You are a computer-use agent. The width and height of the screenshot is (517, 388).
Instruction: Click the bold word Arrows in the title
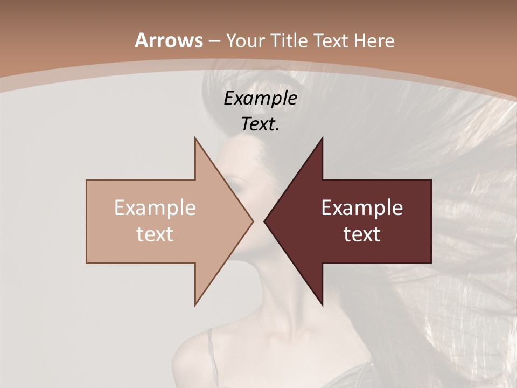(x=169, y=40)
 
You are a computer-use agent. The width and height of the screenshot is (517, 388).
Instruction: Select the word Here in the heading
(x=375, y=40)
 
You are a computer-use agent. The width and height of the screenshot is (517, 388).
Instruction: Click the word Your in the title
(x=245, y=41)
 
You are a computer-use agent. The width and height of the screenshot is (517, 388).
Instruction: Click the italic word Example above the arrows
(x=260, y=98)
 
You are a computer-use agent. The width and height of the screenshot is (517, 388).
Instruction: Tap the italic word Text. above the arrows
(x=260, y=124)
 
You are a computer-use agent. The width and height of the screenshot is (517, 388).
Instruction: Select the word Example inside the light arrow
(x=155, y=207)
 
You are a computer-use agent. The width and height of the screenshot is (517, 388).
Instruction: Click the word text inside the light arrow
(x=155, y=234)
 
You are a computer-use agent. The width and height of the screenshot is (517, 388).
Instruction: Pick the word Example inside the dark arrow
(x=362, y=207)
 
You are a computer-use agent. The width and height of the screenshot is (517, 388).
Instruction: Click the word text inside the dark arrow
(x=362, y=234)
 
